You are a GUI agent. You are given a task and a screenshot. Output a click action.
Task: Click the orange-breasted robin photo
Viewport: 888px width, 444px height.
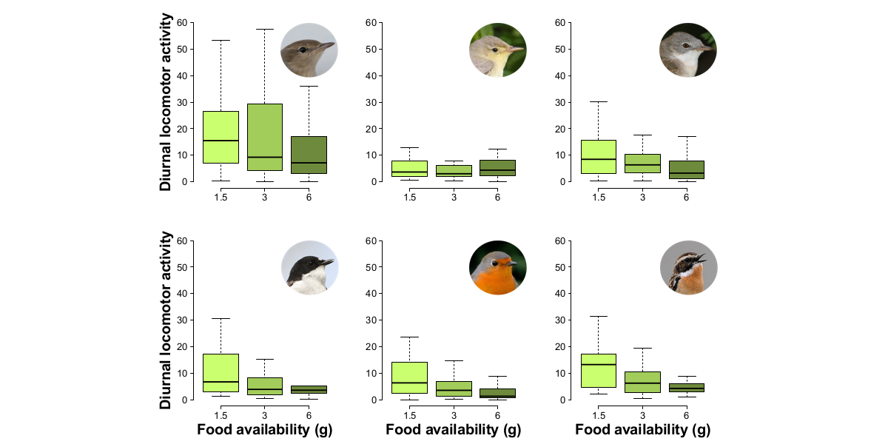(497, 268)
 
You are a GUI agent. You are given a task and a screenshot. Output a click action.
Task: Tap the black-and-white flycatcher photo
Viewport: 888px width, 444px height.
(309, 268)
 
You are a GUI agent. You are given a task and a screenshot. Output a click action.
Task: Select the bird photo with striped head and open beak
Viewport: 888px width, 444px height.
(687, 268)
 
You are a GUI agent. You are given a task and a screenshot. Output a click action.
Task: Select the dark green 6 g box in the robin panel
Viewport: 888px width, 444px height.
(497, 393)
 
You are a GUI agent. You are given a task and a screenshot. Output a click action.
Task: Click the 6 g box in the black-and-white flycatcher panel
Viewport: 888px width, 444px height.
(309, 389)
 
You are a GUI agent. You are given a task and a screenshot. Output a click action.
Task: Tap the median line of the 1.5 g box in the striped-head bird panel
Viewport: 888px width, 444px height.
(599, 365)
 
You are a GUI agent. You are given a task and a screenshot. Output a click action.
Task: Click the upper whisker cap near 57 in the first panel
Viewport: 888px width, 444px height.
(265, 29)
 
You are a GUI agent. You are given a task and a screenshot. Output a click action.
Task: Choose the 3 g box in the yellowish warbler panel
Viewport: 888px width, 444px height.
(454, 171)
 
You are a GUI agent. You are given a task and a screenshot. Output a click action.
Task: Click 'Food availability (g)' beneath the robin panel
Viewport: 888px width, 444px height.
(453, 430)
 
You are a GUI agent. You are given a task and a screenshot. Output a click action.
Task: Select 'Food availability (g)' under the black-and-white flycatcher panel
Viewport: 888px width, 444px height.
(264, 430)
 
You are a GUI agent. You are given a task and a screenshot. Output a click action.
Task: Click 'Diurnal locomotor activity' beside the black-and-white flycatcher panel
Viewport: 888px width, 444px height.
(166, 320)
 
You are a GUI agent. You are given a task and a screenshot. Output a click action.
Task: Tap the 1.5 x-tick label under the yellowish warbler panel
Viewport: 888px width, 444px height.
(409, 197)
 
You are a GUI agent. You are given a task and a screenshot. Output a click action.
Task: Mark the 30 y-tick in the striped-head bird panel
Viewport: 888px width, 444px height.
(562, 320)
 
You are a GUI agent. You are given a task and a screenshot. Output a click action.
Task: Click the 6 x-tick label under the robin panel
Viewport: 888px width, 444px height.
(497, 415)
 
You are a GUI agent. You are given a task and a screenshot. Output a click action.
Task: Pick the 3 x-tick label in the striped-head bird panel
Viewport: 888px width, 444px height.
(642, 415)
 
